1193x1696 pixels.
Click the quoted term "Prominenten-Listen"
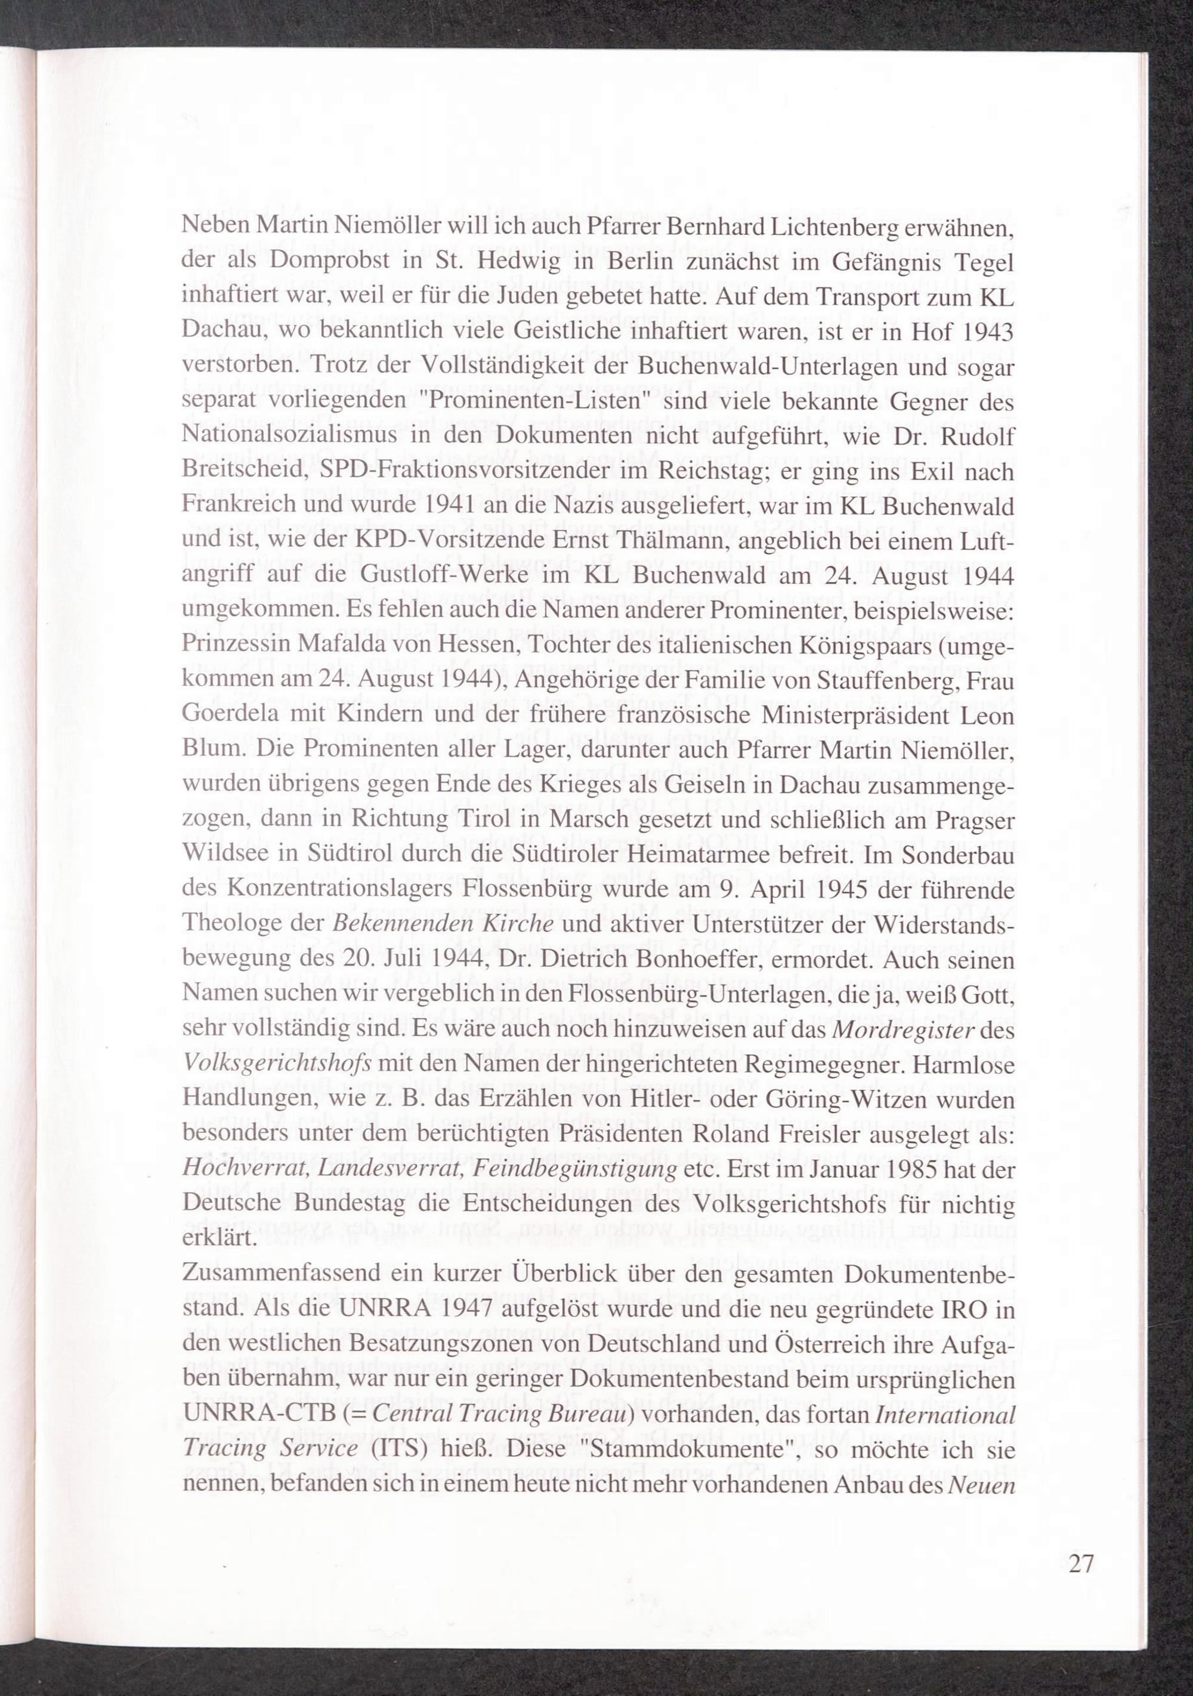pos(545,401)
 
